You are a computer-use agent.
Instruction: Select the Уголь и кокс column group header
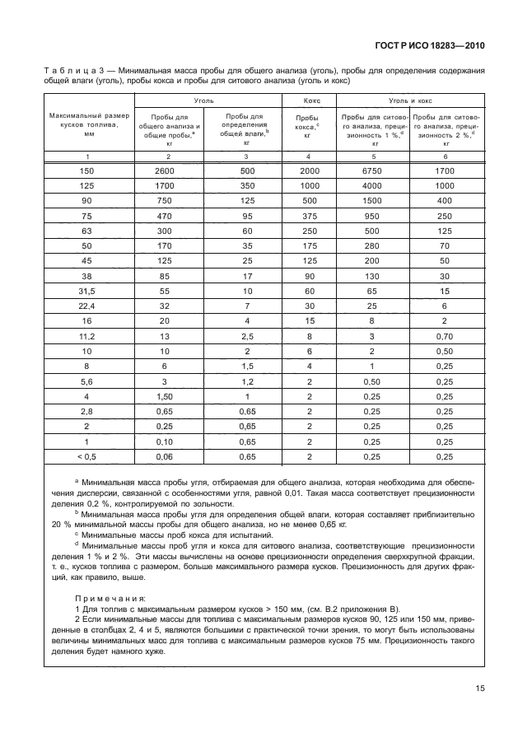(410, 100)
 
